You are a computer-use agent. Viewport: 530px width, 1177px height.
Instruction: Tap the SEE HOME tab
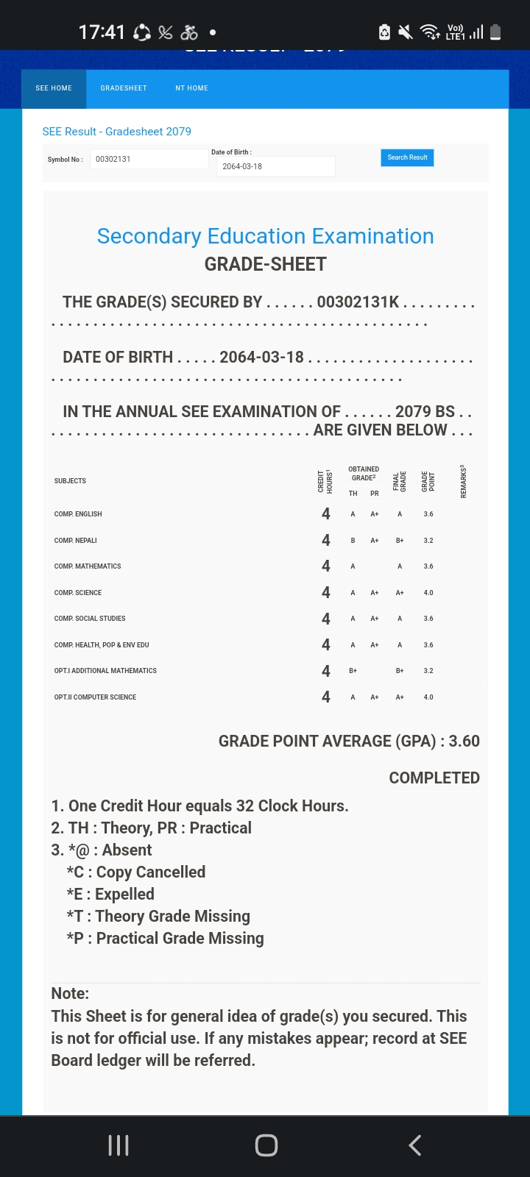(x=54, y=88)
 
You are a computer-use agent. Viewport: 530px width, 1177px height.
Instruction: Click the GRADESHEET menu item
(x=124, y=88)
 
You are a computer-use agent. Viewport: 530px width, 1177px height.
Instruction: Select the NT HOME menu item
(x=191, y=88)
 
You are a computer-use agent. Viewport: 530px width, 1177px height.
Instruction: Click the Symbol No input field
(x=148, y=159)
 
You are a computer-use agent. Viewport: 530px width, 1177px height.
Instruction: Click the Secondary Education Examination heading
(x=265, y=236)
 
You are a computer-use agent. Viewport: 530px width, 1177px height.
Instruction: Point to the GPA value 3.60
(x=464, y=742)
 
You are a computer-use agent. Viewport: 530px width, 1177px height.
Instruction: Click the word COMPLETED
(x=434, y=778)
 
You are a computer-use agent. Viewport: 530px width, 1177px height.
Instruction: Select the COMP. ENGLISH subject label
(x=78, y=514)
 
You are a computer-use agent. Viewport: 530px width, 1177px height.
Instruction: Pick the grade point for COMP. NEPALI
(x=428, y=541)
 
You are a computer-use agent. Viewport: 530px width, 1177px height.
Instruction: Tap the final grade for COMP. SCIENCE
(x=400, y=593)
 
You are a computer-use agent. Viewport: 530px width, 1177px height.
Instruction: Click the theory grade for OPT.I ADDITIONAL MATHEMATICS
(x=353, y=671)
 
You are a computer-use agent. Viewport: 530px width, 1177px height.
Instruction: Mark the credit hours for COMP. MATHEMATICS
(x=326, y=566)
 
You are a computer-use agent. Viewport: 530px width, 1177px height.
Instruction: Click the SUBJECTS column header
(x=70, y=481)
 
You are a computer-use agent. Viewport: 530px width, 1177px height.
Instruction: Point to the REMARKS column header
(x=463, y=482)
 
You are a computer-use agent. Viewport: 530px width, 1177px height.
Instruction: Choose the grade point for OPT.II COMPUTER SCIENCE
(x=428, y=697)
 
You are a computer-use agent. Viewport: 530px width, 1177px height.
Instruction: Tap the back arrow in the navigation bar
(x=415, y=1145)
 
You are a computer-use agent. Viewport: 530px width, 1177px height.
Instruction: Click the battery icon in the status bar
(x=495, y=32)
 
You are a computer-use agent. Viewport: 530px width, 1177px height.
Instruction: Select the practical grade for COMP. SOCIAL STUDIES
(x=375, y=619)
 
